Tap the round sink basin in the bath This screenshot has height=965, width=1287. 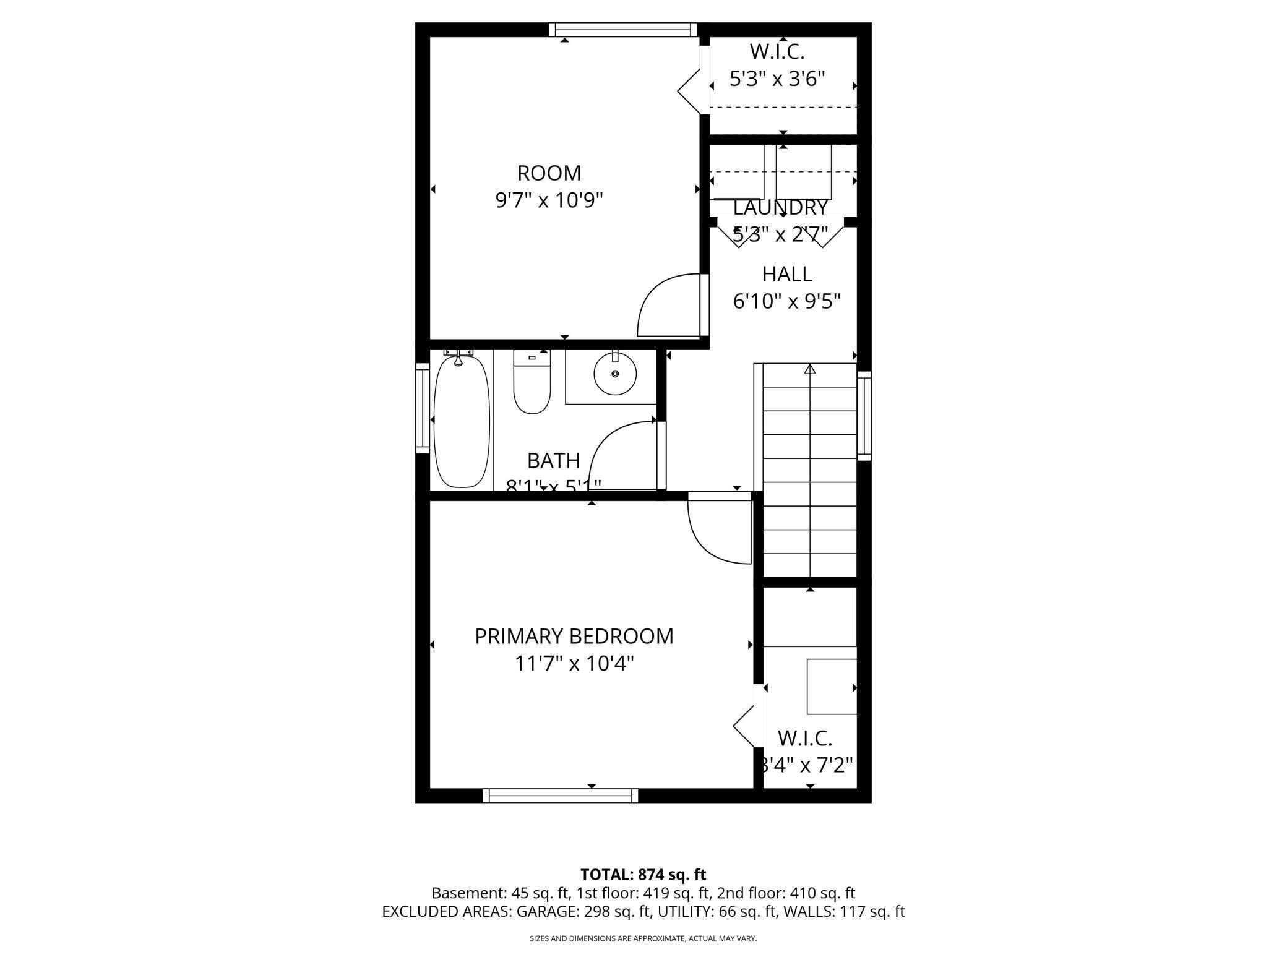click(615, 374)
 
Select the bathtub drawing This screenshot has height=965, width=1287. click(462, 421)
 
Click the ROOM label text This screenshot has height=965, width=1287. click(549, 173)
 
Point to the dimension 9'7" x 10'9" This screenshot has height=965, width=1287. click(549, 200)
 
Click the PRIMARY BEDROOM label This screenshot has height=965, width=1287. click(574, 636)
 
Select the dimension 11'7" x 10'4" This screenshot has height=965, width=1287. click(574, 664)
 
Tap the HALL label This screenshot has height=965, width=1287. click(786, 273)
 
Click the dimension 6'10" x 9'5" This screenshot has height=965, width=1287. click(786, 301)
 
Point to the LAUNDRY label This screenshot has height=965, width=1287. click(780, 208)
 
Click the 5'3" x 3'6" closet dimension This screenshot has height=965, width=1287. click(777, 79)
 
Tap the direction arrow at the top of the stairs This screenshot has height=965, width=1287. click(810, 369)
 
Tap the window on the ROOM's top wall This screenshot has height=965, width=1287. click(622, 29)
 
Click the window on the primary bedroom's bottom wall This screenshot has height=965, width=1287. click(560, 796)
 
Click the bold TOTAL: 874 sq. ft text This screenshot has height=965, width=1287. click(643, 875)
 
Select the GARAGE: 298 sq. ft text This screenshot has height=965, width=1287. click(583, 911)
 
